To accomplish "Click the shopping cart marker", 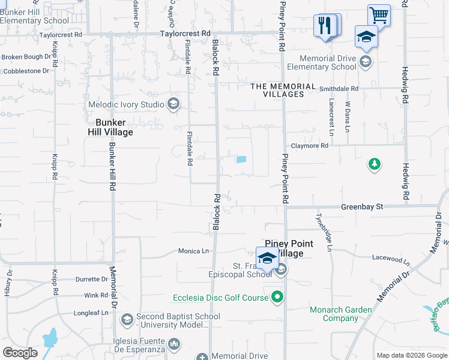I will point(378,14).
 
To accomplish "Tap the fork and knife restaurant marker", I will point(324,26).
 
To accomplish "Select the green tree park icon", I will point(375,163).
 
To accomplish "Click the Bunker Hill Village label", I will point(114,127).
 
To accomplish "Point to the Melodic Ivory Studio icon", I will point(173,104).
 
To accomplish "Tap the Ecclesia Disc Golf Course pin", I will point(277,296).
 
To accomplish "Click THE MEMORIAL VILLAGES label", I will point(283,90).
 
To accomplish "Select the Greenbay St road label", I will point(362,206).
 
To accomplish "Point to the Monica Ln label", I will point(193,251).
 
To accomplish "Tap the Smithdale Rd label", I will point(339,88).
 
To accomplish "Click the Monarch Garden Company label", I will point(341,314).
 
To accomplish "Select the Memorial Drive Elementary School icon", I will point(364,61).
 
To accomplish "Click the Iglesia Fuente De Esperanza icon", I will point(174,344).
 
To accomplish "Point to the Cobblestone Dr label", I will point(26,71).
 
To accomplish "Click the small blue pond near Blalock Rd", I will point(241,160).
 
